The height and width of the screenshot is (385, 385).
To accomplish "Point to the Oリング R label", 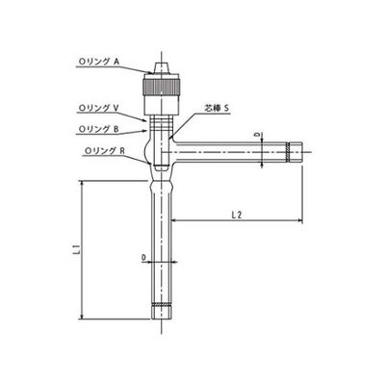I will (97, 151).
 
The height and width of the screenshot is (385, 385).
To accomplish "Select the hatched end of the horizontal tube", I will (295, 150).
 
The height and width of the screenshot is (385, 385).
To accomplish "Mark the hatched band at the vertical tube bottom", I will (161, 309).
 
